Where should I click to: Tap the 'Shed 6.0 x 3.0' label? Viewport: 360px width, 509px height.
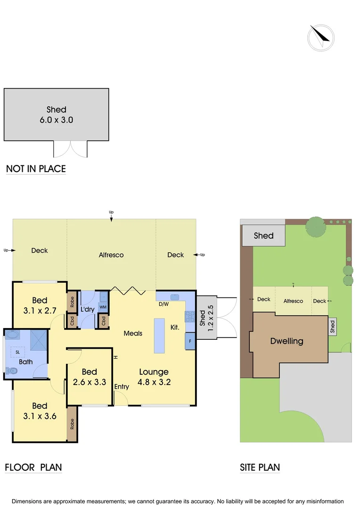(57, 115)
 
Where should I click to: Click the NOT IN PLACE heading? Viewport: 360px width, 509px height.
(36, 169)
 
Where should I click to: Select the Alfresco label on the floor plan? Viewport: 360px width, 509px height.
(111, 255)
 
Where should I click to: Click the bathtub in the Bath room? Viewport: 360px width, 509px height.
(12, 337)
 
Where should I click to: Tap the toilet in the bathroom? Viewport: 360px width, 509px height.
(11, 371)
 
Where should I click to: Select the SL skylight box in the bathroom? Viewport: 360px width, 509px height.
(17, 352)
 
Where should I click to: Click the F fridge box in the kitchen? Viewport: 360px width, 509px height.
(190, 341)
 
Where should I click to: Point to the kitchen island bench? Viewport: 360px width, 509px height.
(159, 336)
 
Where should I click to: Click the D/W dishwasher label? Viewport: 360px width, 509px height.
(164, 304)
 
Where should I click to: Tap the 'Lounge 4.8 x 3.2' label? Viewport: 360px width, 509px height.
(154, 377)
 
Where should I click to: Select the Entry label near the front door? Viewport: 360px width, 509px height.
(122, 387)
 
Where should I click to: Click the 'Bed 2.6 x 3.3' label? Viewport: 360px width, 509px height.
(90, 377)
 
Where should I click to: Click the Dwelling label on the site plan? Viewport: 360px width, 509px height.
(286, 341)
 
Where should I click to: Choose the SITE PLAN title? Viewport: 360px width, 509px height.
(260, 468)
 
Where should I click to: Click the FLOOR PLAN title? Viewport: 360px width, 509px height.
(33, 468)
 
